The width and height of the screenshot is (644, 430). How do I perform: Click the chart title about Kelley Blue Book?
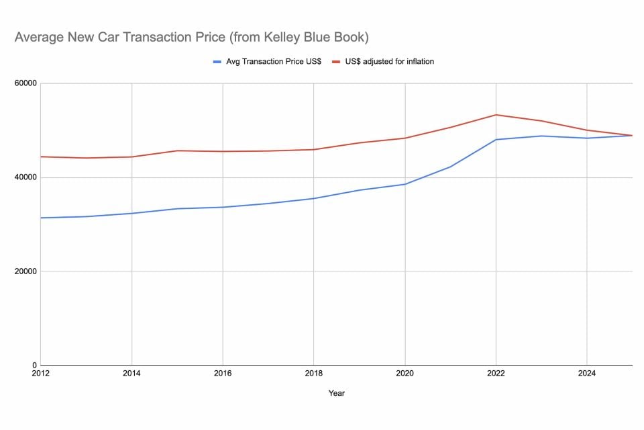pos(191,38)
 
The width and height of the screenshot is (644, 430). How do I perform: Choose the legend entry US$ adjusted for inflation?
pos(390,62)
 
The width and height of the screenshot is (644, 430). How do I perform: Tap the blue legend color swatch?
pos(217,62)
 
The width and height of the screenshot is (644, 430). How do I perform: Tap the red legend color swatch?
pos(339,62)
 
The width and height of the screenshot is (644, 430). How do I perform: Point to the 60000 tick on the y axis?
pos(25,83)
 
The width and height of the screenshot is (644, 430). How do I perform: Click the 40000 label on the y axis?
pos(25,177)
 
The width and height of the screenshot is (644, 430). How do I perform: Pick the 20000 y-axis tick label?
pos(25,271)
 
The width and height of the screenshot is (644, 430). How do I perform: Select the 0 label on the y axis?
pos(34,365)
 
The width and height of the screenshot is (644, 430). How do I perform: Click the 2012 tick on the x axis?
pos(40,374)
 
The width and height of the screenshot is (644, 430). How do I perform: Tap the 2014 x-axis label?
pos(131,374)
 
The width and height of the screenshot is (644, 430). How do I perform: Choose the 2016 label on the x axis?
pos(222,374)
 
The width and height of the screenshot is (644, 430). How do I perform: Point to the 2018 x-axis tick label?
pos(313,374)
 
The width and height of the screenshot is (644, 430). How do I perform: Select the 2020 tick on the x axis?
pos(405,374)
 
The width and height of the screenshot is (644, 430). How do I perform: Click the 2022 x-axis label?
pos(496,374)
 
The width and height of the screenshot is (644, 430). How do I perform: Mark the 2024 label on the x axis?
pos(587,374)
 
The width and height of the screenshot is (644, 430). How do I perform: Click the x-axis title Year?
pos(336,393)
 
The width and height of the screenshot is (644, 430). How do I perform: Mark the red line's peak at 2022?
pos(496,115)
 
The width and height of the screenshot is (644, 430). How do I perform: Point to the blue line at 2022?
pos(496,140)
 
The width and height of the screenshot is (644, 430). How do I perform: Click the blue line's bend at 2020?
pos(405,184)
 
